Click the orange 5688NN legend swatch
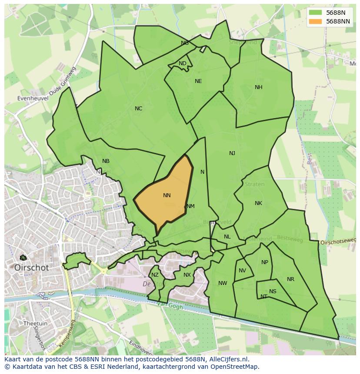point(316,21)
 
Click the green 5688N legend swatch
point(316,13)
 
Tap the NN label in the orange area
point(167,195)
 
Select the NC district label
point(138,109)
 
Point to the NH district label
point(259,87)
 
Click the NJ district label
point(232,153)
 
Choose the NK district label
point(258,203)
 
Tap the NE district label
point(198,81)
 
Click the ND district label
point(183,63)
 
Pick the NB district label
point(106,161)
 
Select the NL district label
point(227,237)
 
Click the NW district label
point(223,283)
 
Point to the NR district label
point(290,279)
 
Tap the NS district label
point(273,291)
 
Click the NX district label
point(187,275)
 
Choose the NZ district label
point(155,275)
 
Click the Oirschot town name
point(32,268)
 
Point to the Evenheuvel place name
point(33,99)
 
